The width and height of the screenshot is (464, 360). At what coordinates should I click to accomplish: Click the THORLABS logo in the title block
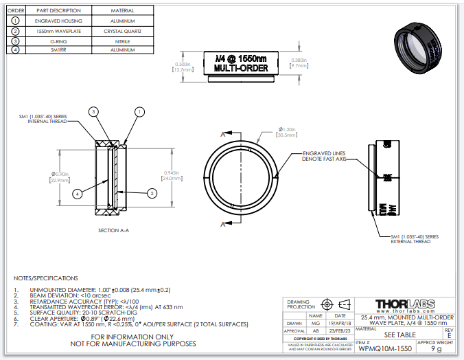406,304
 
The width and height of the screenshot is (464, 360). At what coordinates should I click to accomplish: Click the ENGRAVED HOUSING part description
58,21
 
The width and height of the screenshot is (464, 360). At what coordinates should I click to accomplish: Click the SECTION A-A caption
113,230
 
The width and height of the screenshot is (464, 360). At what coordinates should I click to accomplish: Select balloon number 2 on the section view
150,194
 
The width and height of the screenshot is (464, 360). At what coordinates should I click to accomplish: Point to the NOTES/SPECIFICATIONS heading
46,278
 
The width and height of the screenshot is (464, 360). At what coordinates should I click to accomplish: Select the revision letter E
449,335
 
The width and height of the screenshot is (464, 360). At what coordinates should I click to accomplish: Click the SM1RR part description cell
58,50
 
